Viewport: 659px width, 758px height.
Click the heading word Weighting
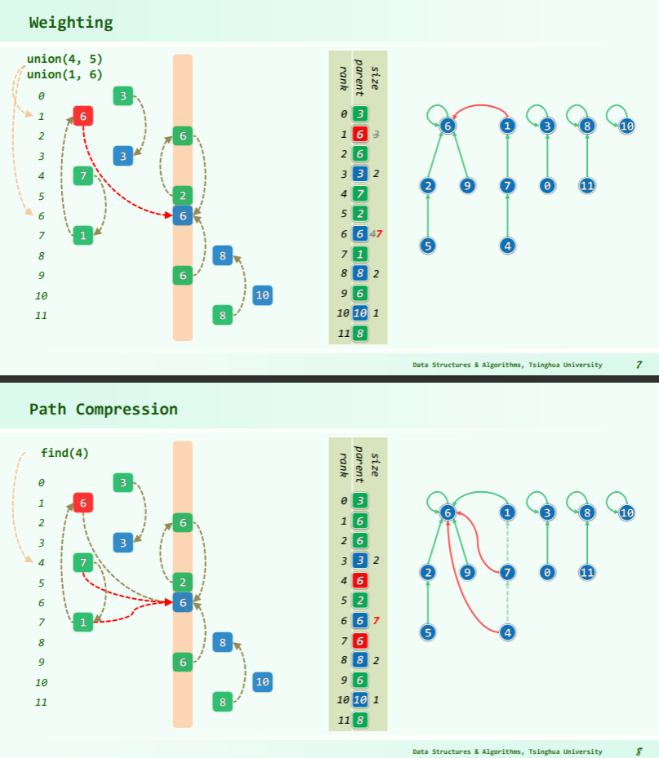(70, 23)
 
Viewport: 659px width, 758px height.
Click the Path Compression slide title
(103, 409)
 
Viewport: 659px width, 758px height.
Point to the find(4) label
(65, 453)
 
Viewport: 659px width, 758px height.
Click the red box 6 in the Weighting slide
(82, 116)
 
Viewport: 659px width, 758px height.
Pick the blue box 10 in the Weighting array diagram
(262, 295)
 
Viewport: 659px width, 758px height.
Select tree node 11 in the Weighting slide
(586, 186)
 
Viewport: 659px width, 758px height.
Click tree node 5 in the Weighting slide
(427, 245)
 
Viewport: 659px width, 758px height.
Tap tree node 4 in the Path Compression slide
(508, 632)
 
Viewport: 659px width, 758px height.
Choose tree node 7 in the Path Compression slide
(508, 573)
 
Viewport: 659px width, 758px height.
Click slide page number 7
(639, 365)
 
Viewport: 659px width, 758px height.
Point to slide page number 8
(639, 751)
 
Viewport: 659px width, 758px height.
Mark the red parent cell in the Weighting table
(359, 134)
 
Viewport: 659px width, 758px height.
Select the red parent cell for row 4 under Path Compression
(359, 580)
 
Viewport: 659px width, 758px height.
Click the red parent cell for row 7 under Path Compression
(359, 640)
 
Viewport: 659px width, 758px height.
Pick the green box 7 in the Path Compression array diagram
(82, 561)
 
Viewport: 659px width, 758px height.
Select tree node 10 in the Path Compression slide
(626, 512)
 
